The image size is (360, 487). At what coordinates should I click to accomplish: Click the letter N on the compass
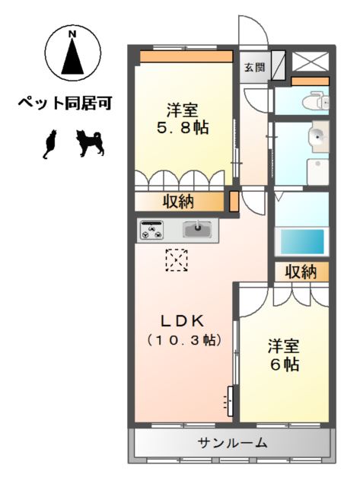72,34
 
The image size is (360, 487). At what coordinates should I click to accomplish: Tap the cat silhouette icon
50,144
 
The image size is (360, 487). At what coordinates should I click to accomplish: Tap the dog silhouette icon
91,142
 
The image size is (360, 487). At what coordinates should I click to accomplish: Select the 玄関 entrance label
255,67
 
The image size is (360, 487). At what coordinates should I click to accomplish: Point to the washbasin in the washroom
317,138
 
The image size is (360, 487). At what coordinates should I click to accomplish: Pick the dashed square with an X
177,261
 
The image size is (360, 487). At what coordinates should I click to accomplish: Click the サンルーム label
233,443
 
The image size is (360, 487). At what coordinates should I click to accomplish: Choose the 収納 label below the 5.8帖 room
179,202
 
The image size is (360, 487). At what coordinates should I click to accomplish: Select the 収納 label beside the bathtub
301,272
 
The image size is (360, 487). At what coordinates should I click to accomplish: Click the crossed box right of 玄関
311,63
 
